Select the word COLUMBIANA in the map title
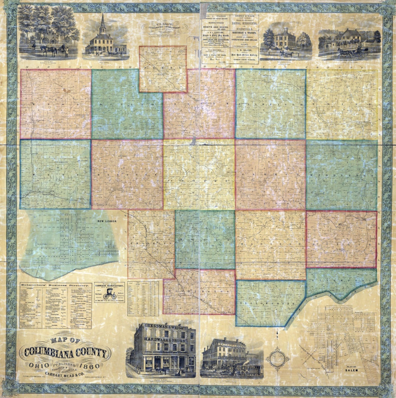(x=66, y=354)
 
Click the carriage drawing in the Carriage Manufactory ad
(x=109, y=294)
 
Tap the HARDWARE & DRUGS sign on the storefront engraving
(x=165, y=339)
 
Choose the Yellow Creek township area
(x=270, y=303)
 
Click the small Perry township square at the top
(x=163, y=69)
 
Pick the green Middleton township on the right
(x=342, y=175)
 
